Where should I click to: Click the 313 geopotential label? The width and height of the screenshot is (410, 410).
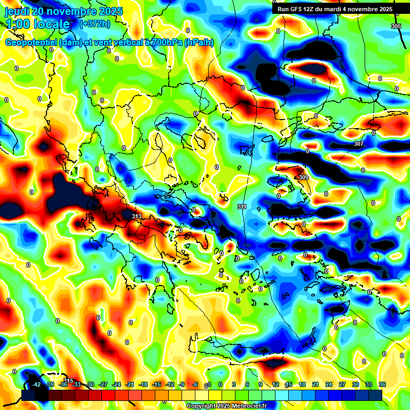[x=137, y=216]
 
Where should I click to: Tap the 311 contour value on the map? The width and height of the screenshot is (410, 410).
[x=242, y=207]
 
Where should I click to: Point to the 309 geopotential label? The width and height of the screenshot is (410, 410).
[x=303, y=177]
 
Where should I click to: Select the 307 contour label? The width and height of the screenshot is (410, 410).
[x=358, y=144]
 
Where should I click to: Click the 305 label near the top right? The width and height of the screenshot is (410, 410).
[x=396, y=26]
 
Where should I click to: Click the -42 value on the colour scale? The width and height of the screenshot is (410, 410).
[x=36, y=384]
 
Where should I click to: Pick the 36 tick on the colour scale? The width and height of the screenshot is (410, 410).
[x=382, y=384]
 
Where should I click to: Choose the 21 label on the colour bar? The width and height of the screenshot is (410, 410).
[x=315, y=384]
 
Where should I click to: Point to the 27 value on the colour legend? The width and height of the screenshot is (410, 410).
[x=342, y=384]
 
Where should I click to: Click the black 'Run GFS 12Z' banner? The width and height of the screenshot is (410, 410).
[x=335, y=9]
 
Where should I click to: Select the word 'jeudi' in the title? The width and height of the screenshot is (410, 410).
[x=17, y=11]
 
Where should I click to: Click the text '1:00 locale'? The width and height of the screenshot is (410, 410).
[x=37, y=24]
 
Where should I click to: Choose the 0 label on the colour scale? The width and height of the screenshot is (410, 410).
[x=220, y=384]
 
